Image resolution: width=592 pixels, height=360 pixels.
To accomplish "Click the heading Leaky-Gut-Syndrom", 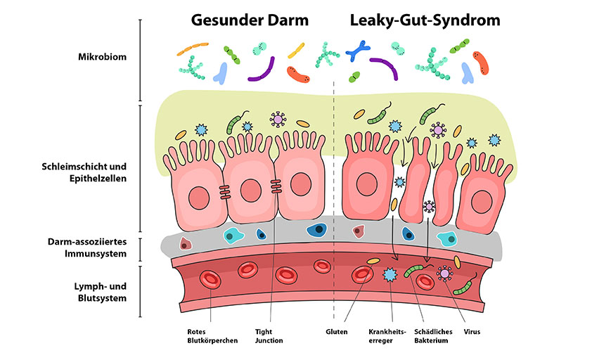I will (x=425, y=20).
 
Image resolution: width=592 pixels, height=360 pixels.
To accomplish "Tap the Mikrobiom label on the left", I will (x=103, y=57).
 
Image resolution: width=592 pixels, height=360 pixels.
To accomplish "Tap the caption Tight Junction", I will (x=269, y=335).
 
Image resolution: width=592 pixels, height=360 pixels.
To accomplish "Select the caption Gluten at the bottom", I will (x=337, y=330).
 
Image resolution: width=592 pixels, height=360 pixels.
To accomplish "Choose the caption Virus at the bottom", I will (x=471, y=330).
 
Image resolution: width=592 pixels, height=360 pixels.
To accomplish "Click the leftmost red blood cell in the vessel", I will (x=211, y=278).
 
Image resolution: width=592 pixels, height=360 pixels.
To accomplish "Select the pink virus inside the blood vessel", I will (x=444, y=273).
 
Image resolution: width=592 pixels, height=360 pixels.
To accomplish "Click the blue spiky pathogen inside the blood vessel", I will (x=389, y=274).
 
